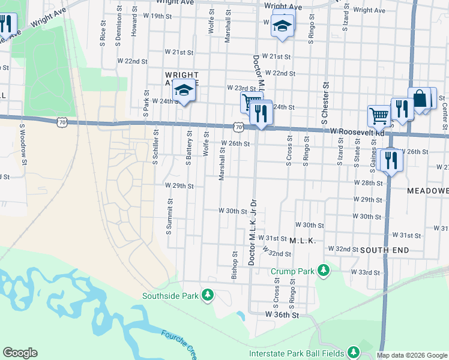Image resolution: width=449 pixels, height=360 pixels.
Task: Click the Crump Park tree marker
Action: click(324, 271)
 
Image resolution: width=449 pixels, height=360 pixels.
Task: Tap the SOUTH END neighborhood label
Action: click(385, 250)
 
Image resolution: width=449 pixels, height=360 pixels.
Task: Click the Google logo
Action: click(20, 353)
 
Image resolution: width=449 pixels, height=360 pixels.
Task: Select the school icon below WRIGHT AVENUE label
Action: click(184, 91)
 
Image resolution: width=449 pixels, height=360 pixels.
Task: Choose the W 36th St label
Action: click(282, 314)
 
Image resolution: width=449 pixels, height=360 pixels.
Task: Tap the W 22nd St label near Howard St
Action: click(132, 61)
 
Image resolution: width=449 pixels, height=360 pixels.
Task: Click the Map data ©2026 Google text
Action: click(412, 355)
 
